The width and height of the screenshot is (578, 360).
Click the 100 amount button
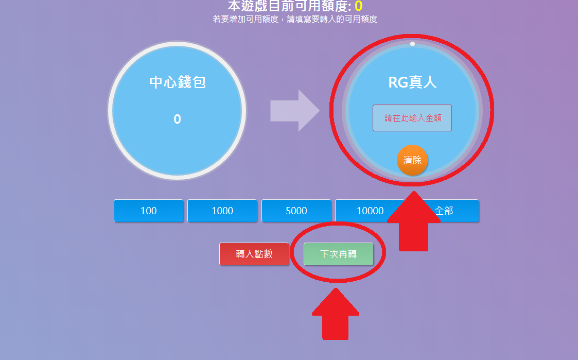click(x=148, y=211)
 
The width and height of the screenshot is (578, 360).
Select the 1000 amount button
click(x=222, y=211)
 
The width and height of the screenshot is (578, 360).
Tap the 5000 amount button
click(x=296, y=211)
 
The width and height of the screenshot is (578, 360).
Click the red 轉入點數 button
click(x=254, y=254)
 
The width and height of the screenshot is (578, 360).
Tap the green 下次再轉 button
click(x=338, y=254)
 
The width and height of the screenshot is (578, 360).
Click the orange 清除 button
click(x=412, y=160)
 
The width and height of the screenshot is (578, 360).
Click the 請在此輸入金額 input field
click(x=412, y=118)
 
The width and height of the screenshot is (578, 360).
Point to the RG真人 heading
click(x=412, y=83)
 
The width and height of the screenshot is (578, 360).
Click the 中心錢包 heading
click(x=178, y=82)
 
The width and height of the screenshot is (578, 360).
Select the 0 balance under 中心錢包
click(x=177, y=119)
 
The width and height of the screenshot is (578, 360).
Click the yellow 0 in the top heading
click(x=358, y=6)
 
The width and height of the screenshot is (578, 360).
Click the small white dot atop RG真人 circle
click(x=412, y=44)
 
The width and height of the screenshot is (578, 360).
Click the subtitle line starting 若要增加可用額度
click(x=295, y=20)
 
